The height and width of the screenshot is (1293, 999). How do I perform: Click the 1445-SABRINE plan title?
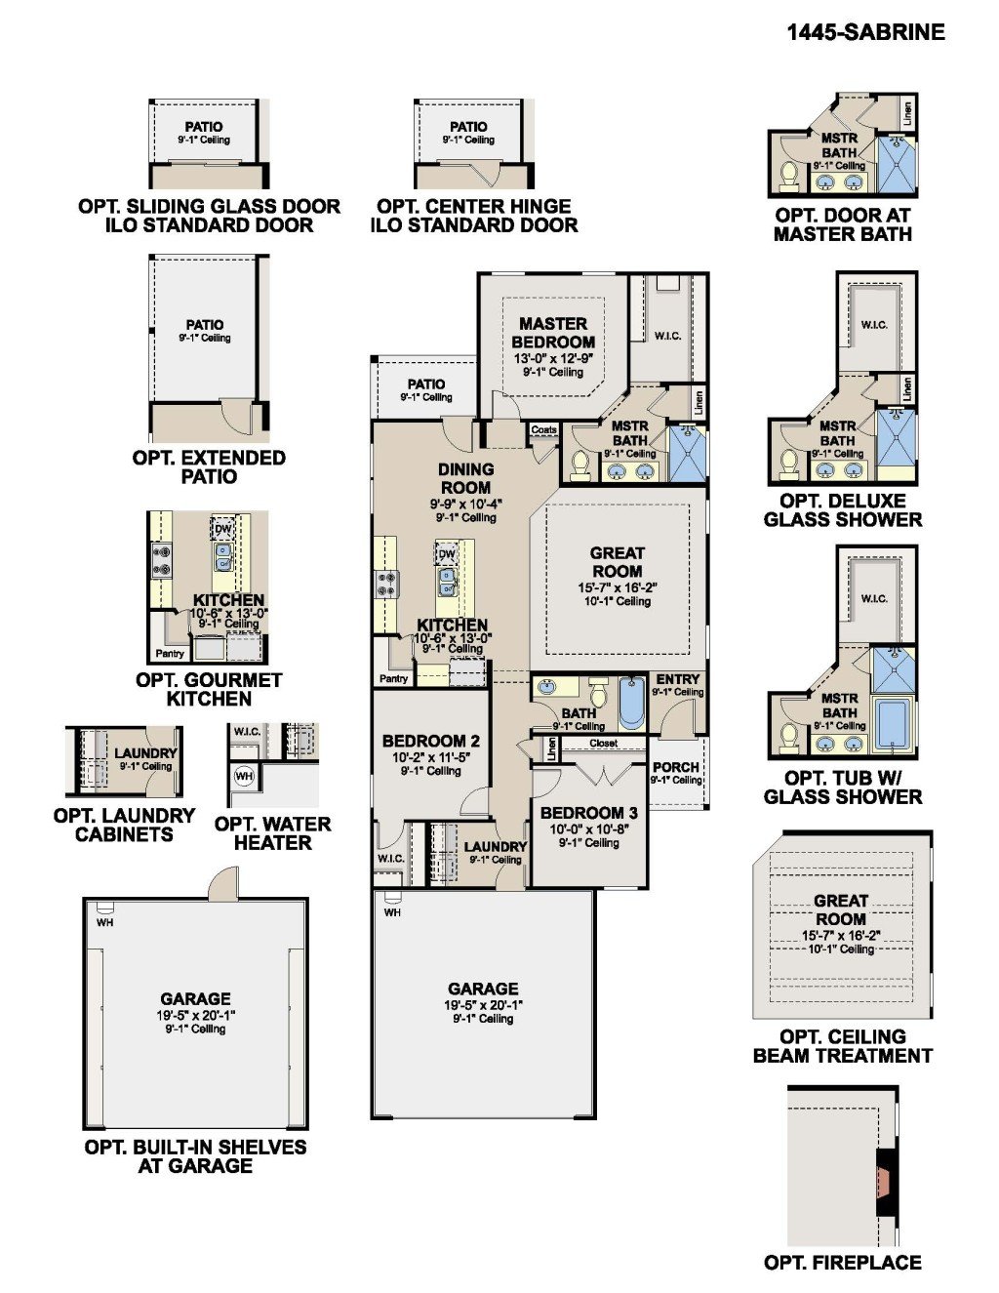point(865,32)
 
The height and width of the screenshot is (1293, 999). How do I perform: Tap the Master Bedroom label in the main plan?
point(553,333)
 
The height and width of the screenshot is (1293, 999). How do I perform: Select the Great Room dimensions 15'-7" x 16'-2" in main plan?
point(618,587)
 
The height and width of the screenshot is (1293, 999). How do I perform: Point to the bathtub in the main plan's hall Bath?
point(632,703)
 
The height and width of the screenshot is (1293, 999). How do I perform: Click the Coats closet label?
point(543,429)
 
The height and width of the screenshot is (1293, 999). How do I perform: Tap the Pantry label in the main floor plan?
point(394,678)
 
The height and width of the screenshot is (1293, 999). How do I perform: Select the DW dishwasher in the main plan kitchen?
point(447,554)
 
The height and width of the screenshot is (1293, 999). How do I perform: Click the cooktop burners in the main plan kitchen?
point(386,584)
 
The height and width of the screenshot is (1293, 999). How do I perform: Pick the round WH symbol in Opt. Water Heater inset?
point(244,776)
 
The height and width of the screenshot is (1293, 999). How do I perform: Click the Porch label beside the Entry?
point(675,767)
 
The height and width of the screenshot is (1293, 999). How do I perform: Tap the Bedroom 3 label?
point(588,812)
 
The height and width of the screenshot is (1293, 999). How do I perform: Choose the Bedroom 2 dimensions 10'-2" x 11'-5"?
point(430,757)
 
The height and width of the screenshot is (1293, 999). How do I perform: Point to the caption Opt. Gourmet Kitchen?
point(209,689)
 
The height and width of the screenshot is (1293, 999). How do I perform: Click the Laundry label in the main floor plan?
point(496,846)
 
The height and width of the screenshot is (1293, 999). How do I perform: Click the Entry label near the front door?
point(677,679)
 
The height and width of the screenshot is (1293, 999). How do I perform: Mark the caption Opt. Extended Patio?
point(209,467)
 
